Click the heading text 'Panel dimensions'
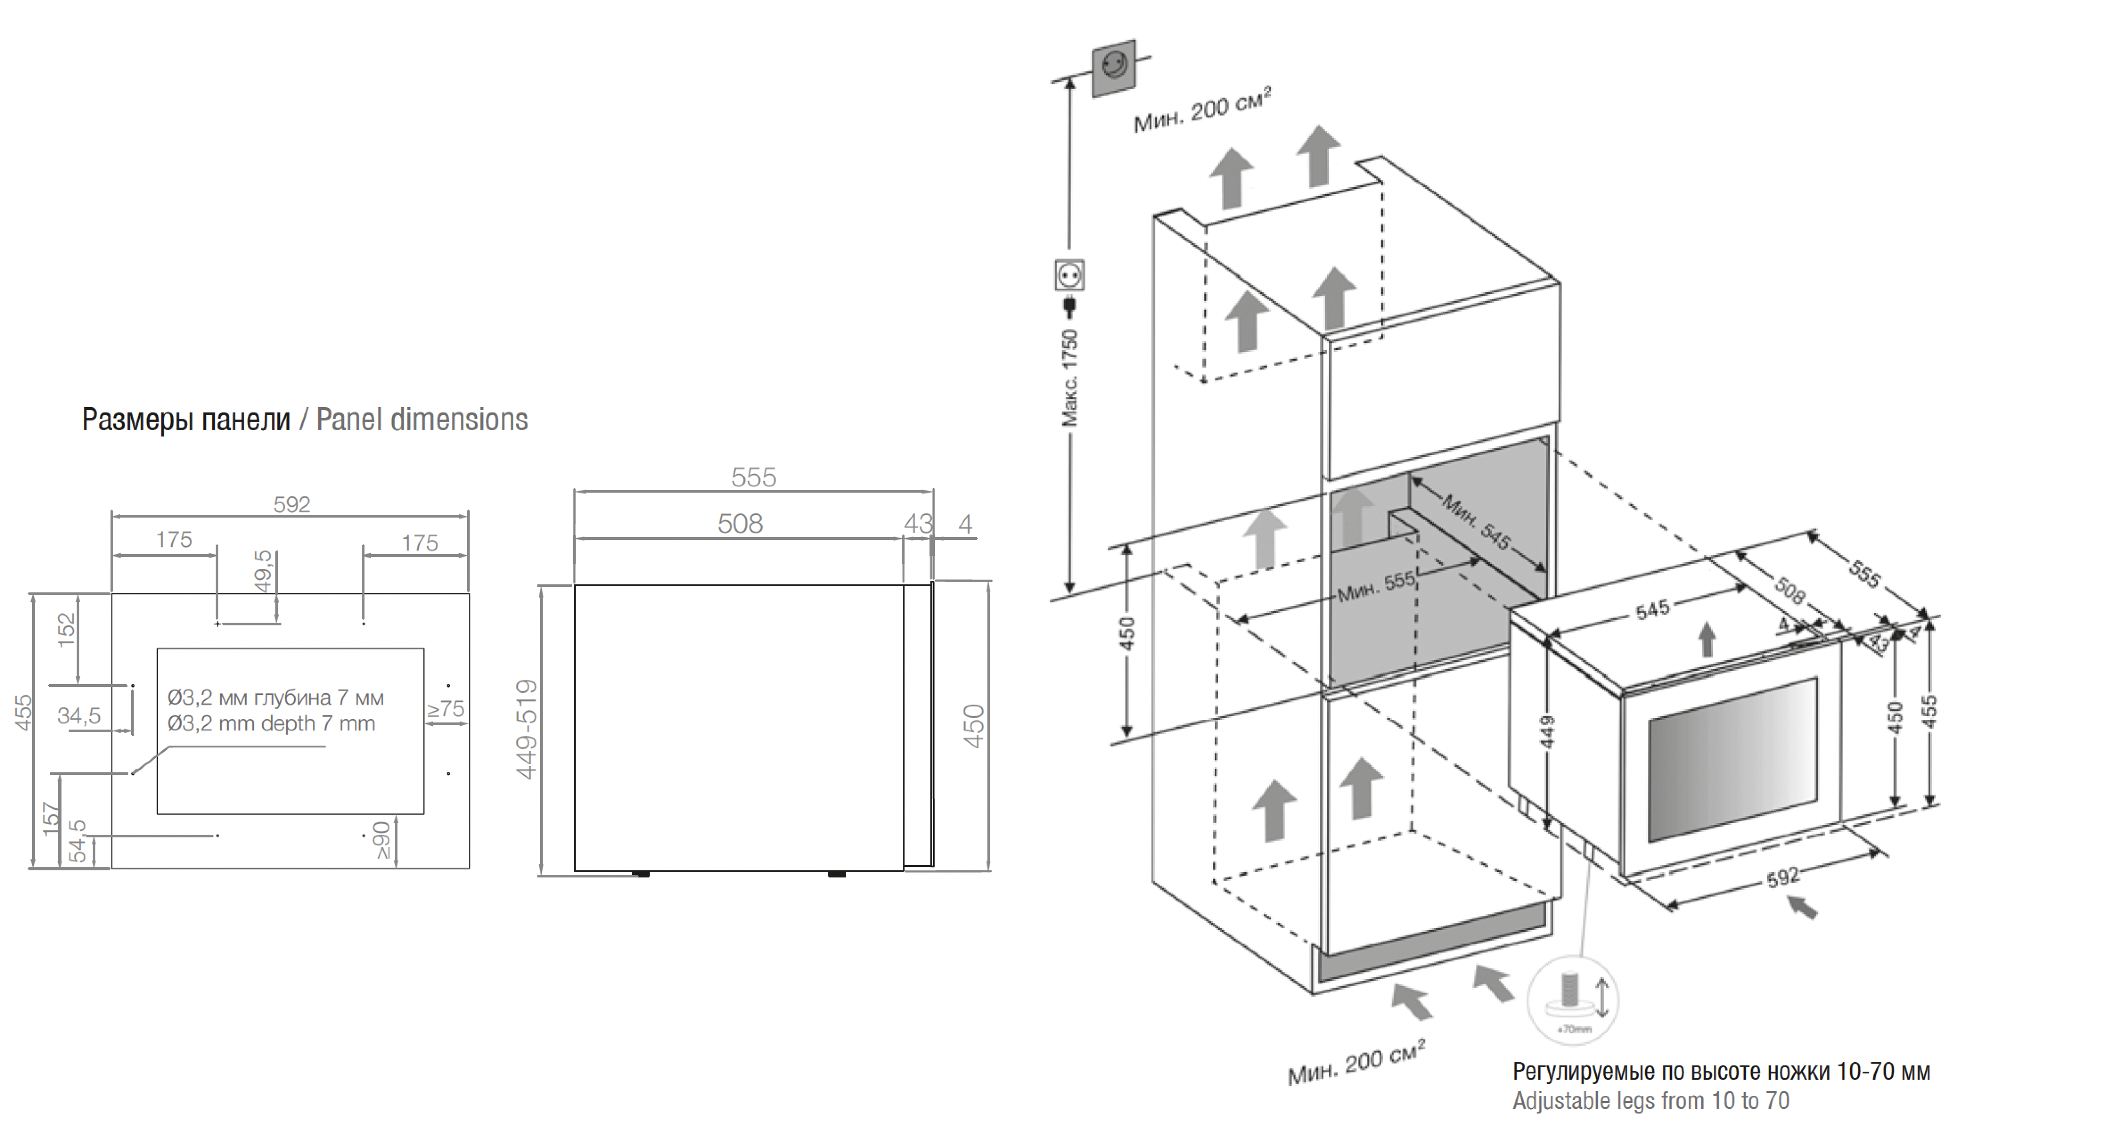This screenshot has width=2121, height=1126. click(x=422, y=420)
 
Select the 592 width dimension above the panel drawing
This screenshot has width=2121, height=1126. click(x=291, y=505)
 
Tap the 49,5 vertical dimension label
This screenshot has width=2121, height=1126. click(x=262, y=571)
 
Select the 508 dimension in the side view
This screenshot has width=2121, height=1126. click(x=740, y=523)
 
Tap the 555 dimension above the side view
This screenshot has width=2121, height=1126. click(x=753, y=477)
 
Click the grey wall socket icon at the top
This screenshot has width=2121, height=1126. click(x=1114, y=68)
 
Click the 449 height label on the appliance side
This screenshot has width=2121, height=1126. click(x=1547, y=732)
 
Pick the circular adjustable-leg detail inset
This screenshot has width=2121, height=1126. click(x=1572, y=1000)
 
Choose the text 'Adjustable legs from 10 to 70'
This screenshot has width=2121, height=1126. click(x=1651, y=1101)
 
